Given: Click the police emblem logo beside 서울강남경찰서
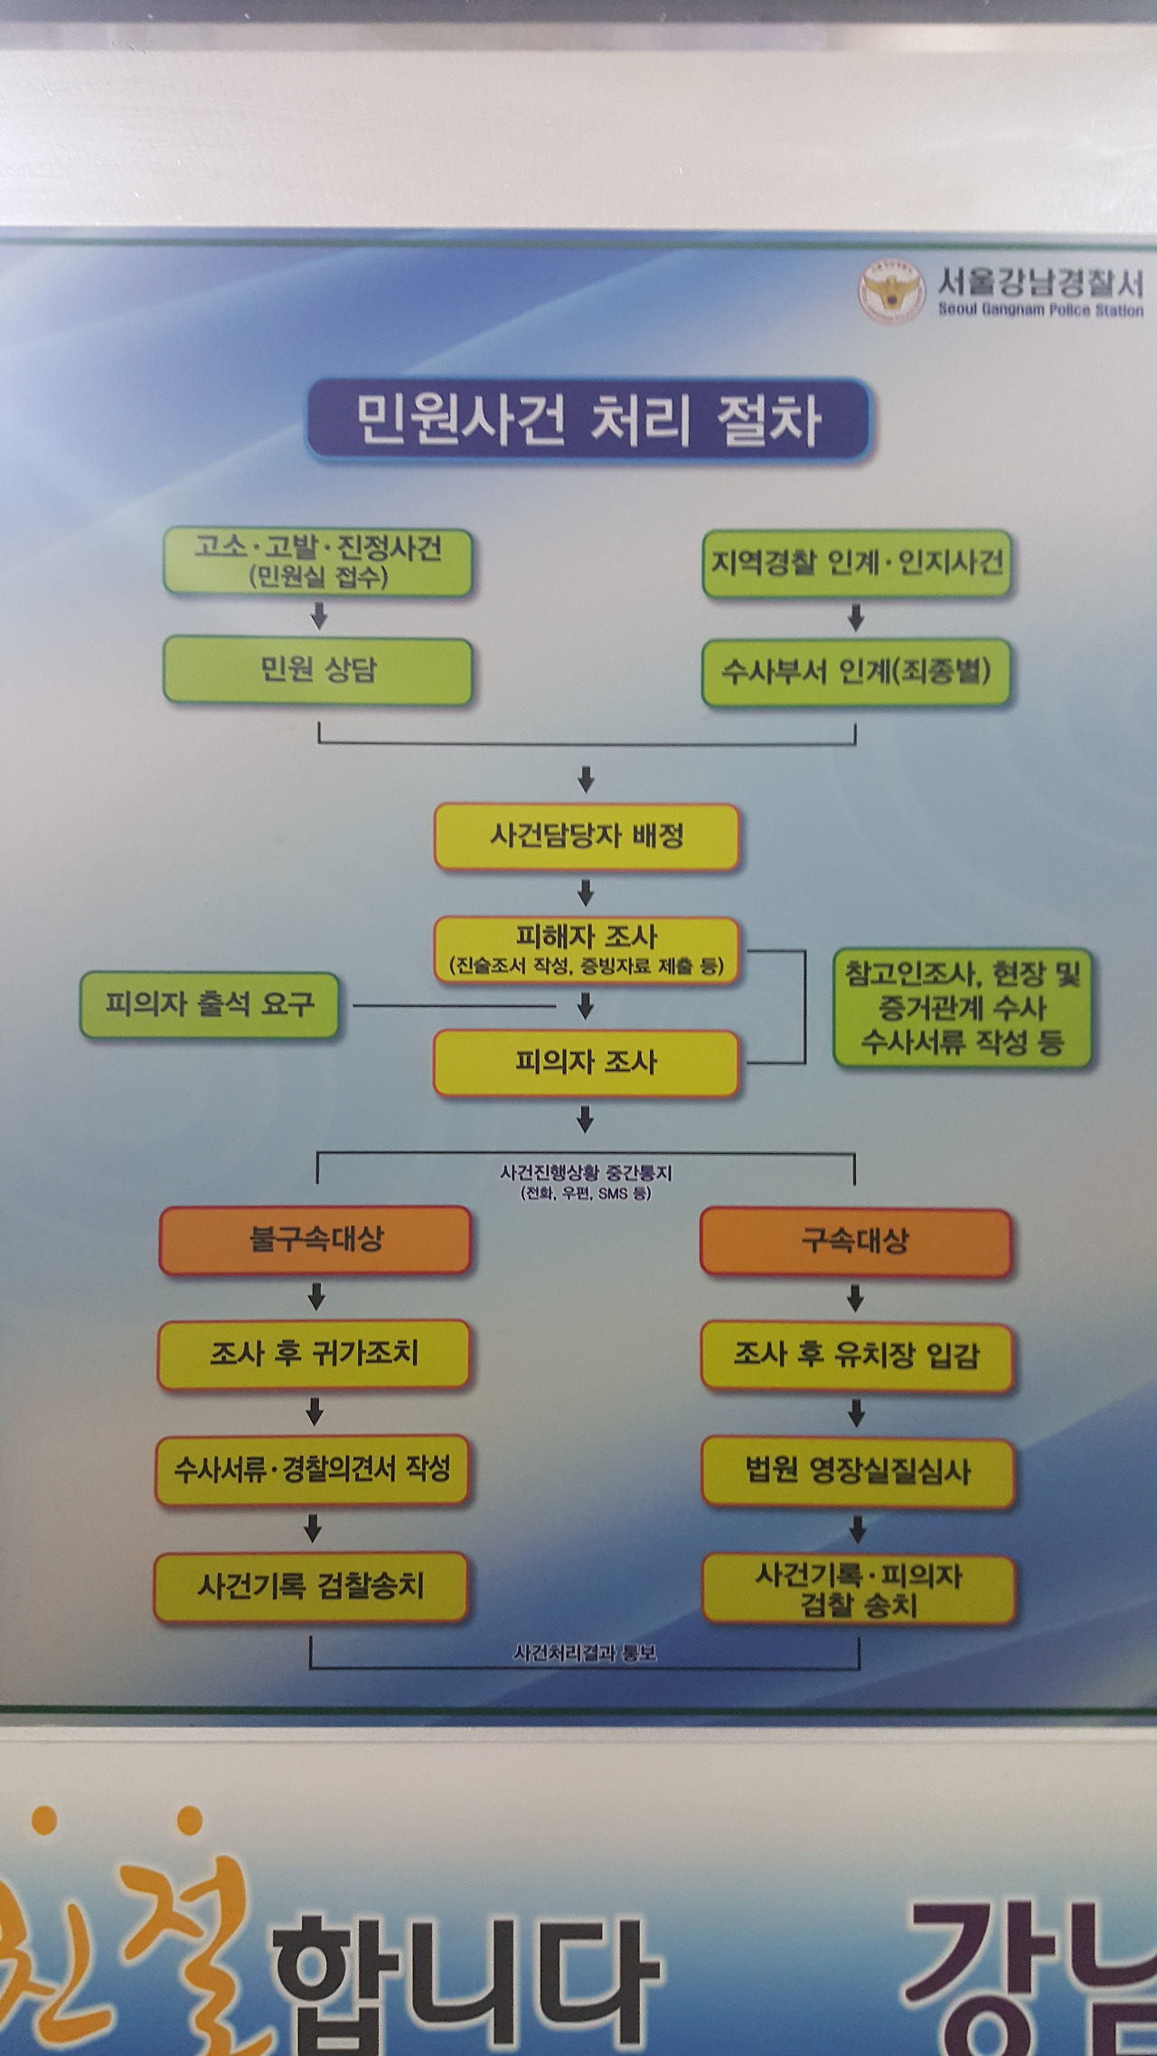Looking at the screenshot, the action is (891, 291).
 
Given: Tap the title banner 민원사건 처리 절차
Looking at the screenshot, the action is (588, 420).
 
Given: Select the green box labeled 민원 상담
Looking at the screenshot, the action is (317, 671).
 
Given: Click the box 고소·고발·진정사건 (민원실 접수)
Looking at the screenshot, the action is (317, 561).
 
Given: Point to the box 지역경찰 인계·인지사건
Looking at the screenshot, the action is (856, 563).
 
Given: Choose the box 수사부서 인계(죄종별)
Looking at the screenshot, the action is (855, 672).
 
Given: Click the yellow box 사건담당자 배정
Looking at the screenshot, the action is (587, 836).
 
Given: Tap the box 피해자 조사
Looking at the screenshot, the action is (587, 949).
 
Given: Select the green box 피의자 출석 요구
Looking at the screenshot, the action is (210, 1004).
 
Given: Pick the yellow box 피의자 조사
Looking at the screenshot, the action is (587, 1063).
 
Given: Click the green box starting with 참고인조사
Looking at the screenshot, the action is (962, 1008).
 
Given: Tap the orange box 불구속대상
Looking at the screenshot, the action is (315, 1239).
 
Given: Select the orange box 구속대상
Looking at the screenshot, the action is (855, 1242).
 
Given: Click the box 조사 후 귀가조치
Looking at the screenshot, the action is (314, 1354).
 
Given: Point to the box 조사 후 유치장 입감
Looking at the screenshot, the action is (856, 1356).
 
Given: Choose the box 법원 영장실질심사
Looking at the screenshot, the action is (857, 1471).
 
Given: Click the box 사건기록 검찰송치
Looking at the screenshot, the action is (311, 1586).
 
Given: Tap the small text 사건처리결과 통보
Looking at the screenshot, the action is (585, 1653).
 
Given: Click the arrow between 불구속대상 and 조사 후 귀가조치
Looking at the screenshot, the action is (315, 1298).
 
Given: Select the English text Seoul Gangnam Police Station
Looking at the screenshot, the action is (1040, 311).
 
